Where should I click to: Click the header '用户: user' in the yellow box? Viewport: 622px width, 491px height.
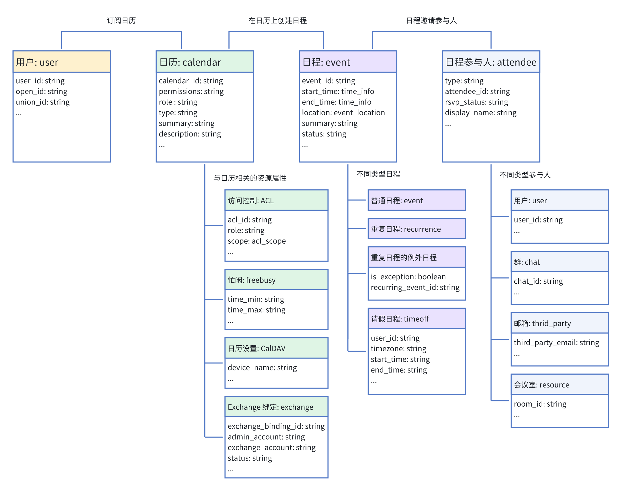[37, 62]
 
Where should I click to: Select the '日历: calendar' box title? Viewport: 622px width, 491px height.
[190, 62]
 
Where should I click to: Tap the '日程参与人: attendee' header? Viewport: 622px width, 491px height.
[491, 62]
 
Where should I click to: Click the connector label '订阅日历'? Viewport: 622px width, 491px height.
[121, 21]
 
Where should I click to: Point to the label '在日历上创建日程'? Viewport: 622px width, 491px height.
[277, 21]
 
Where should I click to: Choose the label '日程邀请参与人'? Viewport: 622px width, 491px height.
[431, 21]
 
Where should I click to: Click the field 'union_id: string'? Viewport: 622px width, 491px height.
[43, 102]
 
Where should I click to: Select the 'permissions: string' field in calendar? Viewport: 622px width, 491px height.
[191, 91]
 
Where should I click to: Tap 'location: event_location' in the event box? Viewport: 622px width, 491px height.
[343, 113]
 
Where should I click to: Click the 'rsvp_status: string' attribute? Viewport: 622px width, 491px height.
[476, 102]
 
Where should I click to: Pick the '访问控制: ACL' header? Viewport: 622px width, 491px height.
[251, 201]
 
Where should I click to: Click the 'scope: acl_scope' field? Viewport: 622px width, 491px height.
[257, 241]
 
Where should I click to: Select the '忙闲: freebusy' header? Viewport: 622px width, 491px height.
[252, 280]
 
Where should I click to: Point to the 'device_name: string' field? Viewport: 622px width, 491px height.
[262, 367]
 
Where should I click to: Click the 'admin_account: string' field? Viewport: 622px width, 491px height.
[266, 437]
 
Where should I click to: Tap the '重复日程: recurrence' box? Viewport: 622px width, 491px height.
[417, 229]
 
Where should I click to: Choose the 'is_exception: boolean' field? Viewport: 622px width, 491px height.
[408, 276]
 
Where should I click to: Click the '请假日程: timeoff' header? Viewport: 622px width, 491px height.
[400, 319]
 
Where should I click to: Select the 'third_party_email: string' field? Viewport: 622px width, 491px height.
[556, 342]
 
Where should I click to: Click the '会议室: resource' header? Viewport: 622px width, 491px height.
[541, 385]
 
